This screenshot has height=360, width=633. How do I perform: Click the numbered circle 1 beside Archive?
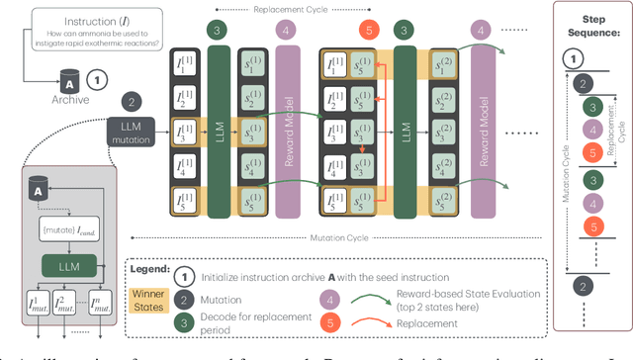[x=95, y=77]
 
